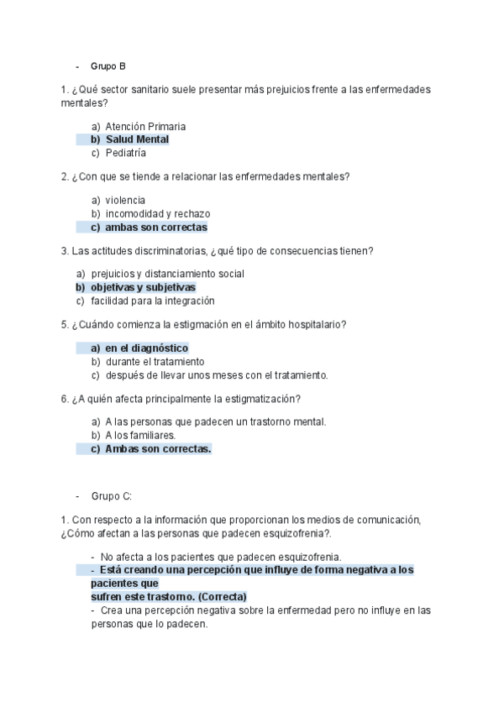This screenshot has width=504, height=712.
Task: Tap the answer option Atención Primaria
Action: (x=145, y=127)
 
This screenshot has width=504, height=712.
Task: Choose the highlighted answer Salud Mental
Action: (x=137, y=139)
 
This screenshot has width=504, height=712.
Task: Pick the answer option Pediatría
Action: (x=126, y=153)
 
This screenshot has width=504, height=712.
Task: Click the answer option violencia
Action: (x=125, y=201)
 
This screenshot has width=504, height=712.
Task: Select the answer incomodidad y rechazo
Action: (x=158, y=214)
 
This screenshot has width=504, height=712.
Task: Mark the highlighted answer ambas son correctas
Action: (x=155, y=228)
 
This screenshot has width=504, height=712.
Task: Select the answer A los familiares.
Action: (x=140, y=436)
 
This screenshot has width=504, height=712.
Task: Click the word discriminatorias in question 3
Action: (x=167, y=251)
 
